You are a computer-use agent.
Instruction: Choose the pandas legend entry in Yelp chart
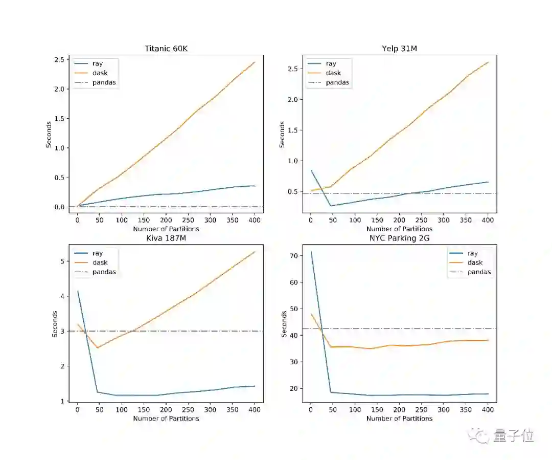tap(337, 82)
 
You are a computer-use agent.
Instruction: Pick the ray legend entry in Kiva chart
tap(97, 253)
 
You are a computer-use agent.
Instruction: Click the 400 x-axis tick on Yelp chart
tap(488, 220)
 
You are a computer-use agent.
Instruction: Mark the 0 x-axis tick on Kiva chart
tap(77, 409)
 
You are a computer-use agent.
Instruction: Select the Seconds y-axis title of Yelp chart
tap(282, 134)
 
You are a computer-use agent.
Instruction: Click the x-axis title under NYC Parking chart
tap(399, 419)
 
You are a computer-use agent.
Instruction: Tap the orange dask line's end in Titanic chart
tap(255, 61)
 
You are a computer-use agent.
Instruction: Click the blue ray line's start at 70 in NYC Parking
tap(311, 251)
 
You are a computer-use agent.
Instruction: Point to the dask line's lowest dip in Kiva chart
tap(98, 348)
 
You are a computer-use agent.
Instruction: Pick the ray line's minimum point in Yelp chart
tap(331, 206)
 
